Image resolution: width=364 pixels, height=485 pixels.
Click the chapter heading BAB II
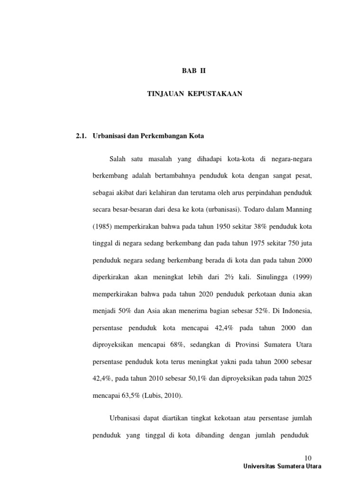(x=195, y=72)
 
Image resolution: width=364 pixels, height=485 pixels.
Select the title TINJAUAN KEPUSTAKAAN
(x=195, y=94)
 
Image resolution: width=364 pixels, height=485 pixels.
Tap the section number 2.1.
(x=82, y=136)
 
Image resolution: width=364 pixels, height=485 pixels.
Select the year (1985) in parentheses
(x=104, y=226)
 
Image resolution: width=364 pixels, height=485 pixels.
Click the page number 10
(x=309, y=458)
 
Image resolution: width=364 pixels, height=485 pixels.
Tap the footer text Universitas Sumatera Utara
(x=282, y=466)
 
